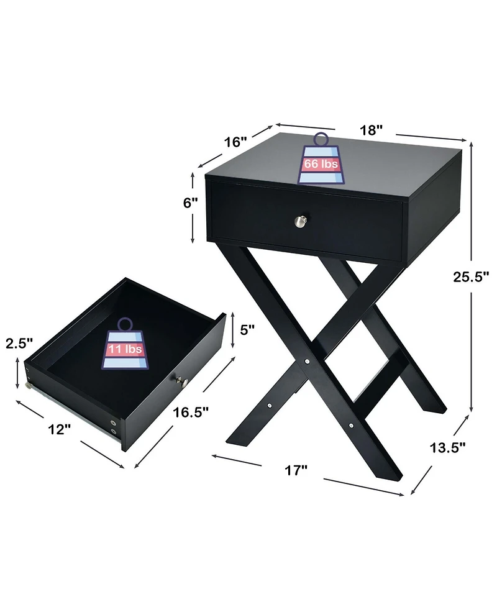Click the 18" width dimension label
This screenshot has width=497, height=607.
pos(371,130)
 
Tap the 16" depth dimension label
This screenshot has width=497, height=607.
pos(235,142)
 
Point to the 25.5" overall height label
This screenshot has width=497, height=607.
pos(469,278)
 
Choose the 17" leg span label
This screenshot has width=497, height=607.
pos(296,471)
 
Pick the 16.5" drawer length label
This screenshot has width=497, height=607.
pos(191,412)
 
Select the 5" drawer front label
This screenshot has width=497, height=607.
pos(248,330)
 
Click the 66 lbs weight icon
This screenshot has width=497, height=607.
pos(321,160)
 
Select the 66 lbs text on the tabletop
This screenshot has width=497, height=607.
pos(321,165)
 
